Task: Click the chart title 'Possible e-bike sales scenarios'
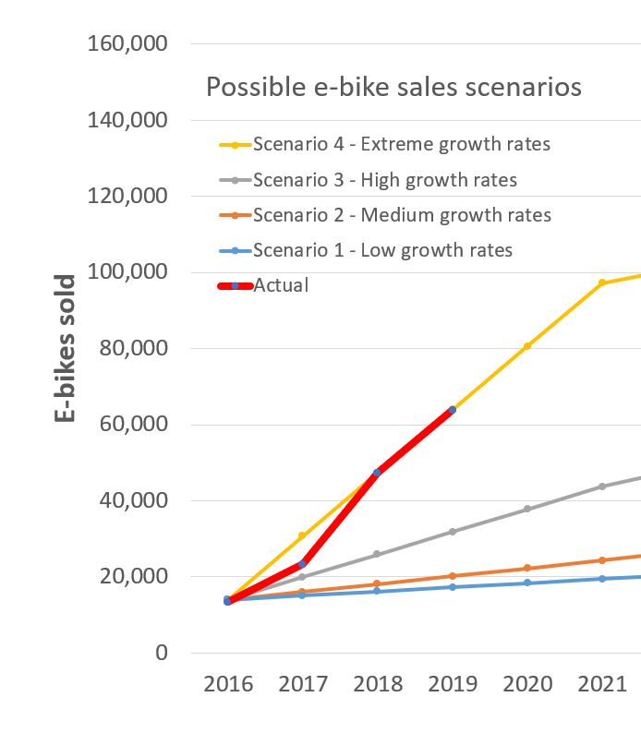[x=393, y=87]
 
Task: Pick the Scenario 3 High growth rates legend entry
[x=384, y=179]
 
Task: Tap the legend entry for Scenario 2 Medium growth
[x=401, y=215]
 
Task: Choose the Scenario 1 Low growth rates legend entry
[x=381, y=250]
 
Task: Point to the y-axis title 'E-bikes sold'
[x=65, y=348]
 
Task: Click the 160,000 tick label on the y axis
[x=128, y=43]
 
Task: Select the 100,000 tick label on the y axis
[x=128, y=271]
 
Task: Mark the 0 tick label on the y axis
[x=162, y=653]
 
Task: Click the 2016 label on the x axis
[x=228, y=684]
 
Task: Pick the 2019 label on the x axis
[x=453, y=684]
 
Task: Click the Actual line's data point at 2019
[x=452, y=410]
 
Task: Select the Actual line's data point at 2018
[x=377, y=473]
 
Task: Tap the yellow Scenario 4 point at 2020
[x=527, y=346]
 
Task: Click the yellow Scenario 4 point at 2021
[x=602, y=283]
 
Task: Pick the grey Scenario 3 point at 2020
[x=527, y=509]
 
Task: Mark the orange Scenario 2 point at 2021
[x=602, y=560]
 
